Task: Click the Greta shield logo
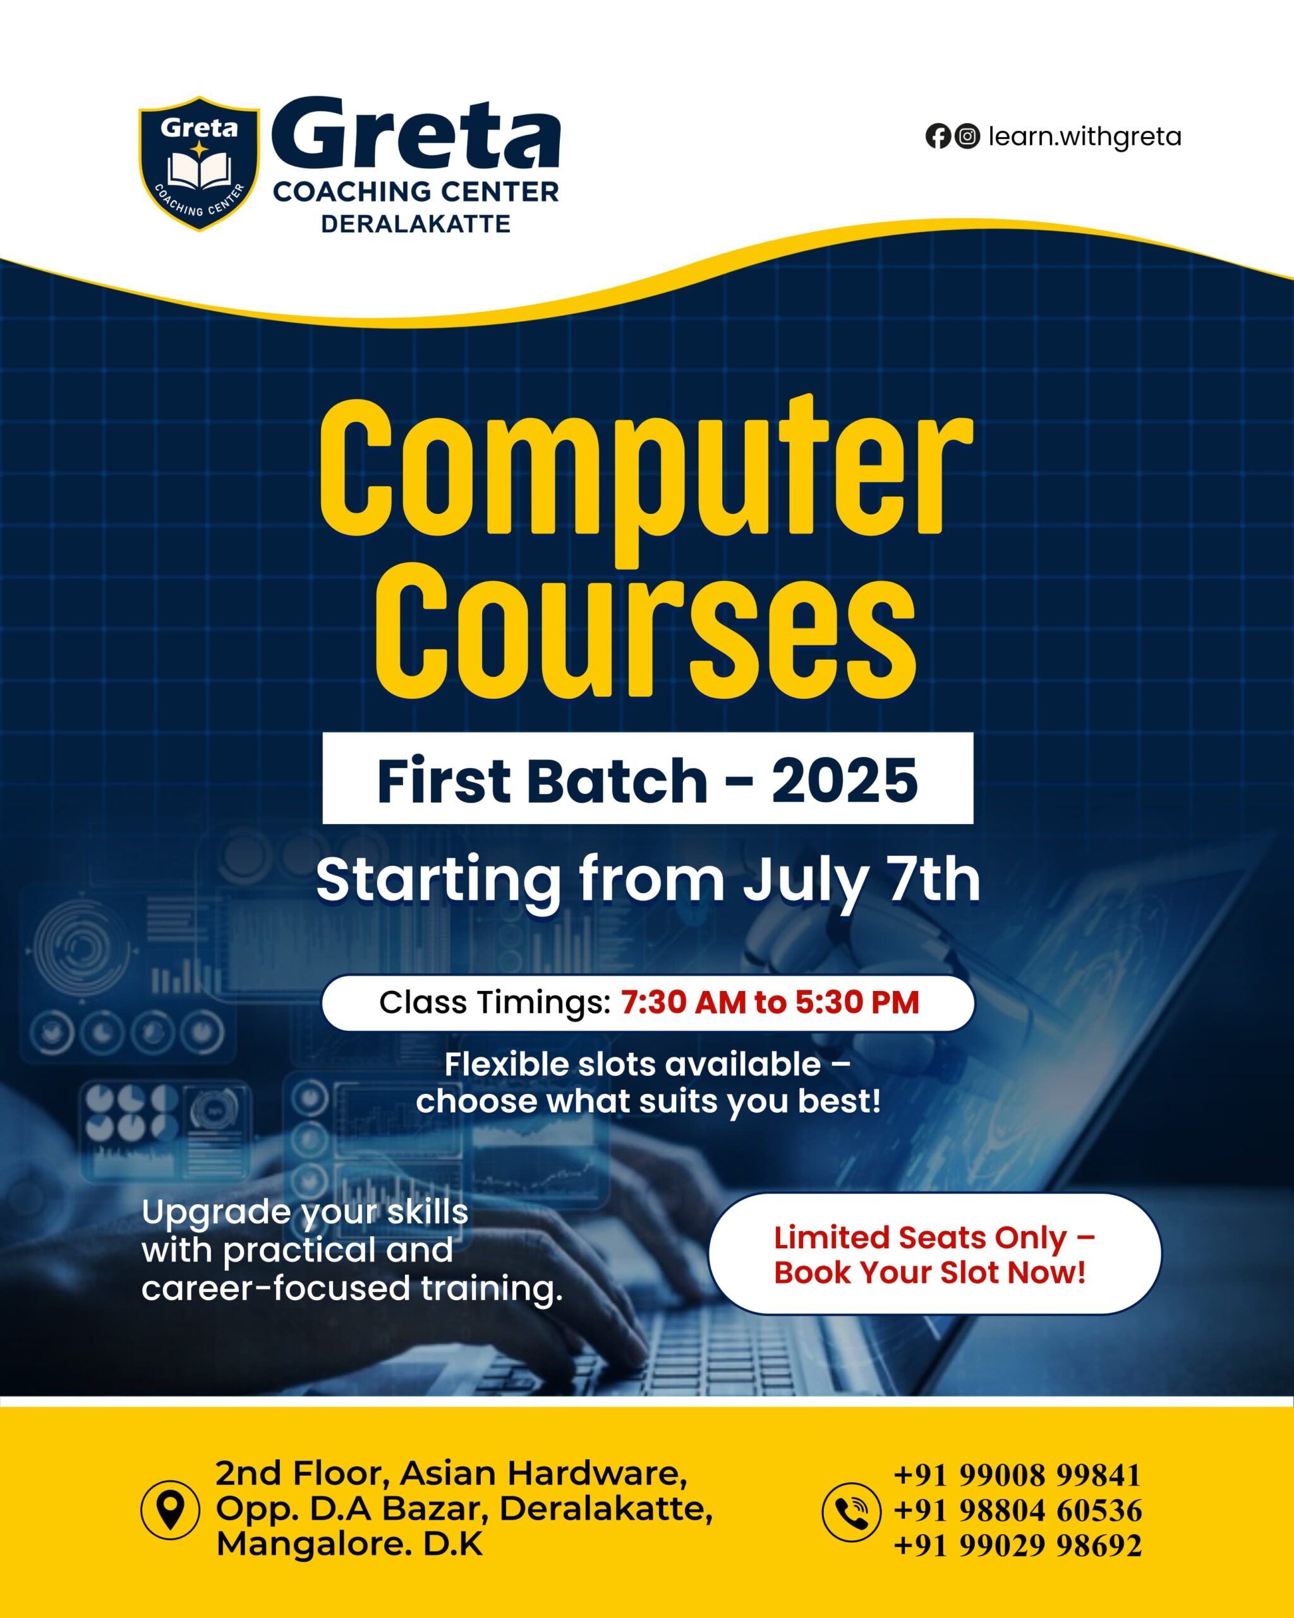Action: point(199,163)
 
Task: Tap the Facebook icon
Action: point(938,136)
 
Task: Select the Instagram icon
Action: point(968,136)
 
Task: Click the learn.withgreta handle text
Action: point(1084,137)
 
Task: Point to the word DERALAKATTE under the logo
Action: point(416,224)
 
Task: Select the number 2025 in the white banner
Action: point(845,781)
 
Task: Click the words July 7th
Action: point(861,882)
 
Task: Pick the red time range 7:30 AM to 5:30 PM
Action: point(770,1002)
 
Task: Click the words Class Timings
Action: point(495,1002)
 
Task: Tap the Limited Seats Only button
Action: point(934,1254)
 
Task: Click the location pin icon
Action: point(171,1509)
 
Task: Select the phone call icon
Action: point(852,1511)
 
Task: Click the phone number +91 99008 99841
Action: point(1017,1475)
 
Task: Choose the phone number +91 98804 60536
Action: point(1018,1511)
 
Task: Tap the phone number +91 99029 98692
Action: point(1018,1546)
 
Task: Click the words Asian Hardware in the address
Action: point(543,1475)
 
